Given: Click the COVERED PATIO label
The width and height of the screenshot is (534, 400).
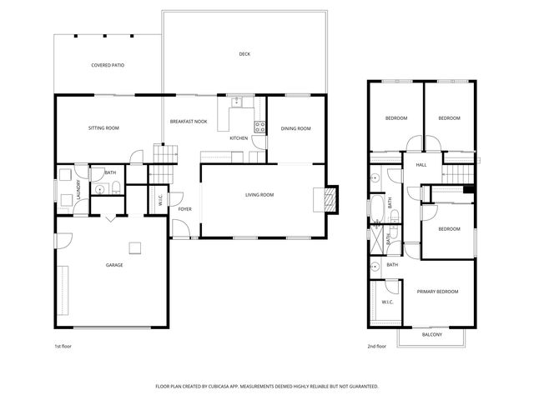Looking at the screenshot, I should (108, 64).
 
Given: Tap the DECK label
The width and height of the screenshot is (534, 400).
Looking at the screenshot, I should (244, 54).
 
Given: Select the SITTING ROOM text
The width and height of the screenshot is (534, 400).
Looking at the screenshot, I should (104, 128).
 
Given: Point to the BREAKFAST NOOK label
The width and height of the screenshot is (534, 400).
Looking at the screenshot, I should (189, 122).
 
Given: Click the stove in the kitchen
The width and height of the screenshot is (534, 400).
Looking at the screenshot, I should (259, 127).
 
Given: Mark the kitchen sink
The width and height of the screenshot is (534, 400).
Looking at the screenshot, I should (237, 102).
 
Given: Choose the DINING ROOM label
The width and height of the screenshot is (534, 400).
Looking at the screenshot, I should (295, 128).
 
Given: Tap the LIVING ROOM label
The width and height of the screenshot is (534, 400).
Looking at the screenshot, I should (259, 195).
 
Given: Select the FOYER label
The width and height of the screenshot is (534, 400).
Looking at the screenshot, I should (184, 208).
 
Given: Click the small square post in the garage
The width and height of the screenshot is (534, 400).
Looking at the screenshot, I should (133, 246).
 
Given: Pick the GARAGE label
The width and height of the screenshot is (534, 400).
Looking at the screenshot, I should (114, 265).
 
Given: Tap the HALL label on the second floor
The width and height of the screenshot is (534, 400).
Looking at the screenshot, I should (421, 165).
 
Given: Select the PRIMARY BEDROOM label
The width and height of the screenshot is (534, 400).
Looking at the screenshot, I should (437, 292).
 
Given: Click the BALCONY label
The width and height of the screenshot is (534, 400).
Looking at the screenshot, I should (431, 334).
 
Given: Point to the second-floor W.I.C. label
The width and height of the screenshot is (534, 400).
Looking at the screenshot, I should (387, 302).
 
